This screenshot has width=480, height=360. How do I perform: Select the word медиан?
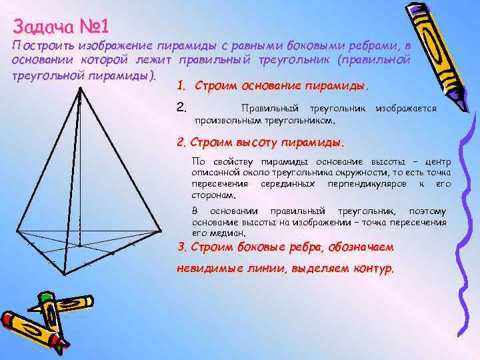tap(230, 233)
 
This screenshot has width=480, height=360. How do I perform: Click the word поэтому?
tap(427, 211)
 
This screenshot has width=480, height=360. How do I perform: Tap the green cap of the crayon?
tap(46, 296)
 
